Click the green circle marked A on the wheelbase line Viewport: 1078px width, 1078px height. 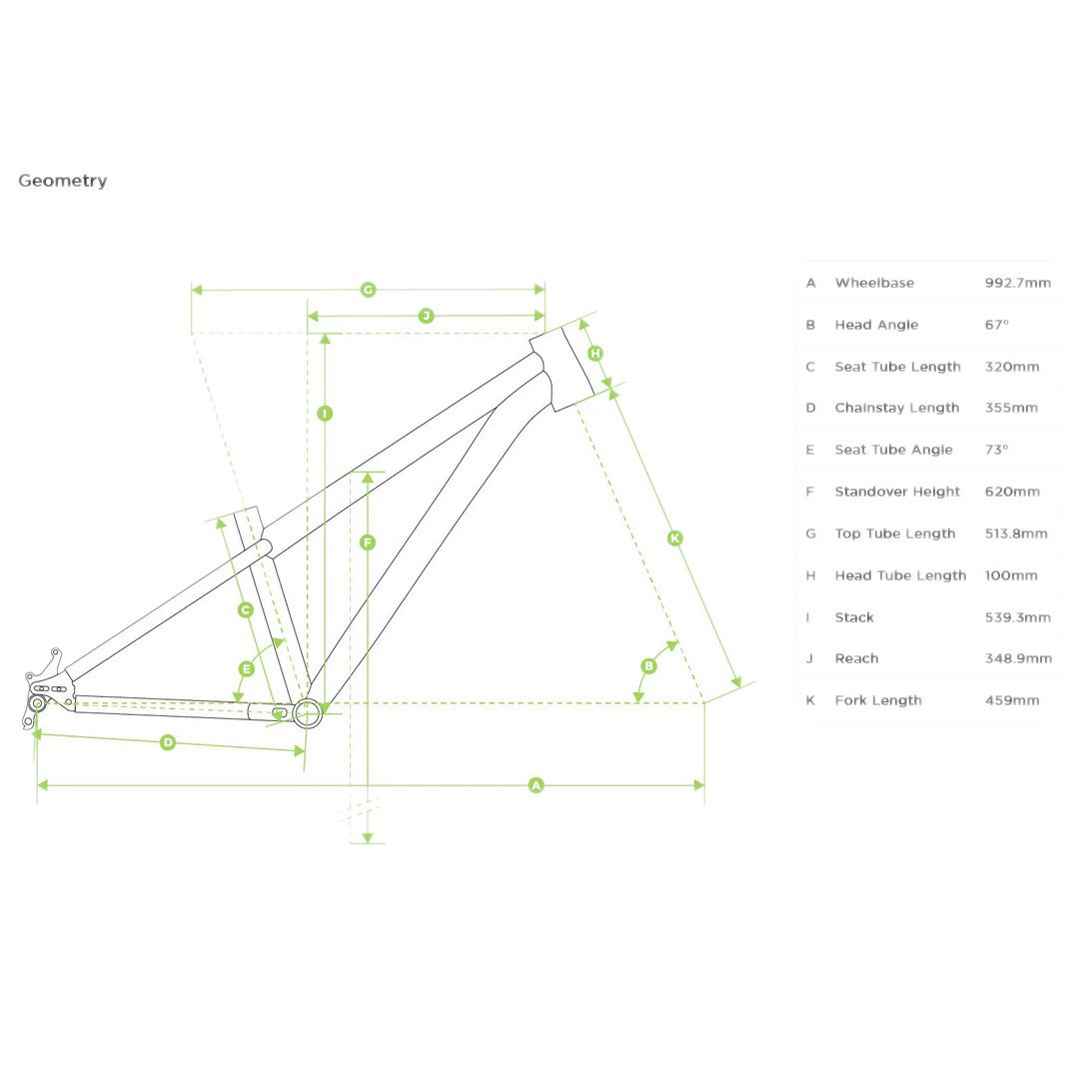point(536,785)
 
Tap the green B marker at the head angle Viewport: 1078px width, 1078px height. point(648,665)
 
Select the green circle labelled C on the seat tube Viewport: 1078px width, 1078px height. point(246,609)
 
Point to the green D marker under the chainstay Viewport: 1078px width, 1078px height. point(168,742)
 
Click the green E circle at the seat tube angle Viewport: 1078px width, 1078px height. point(247,668)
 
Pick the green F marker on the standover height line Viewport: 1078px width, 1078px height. point(368,542)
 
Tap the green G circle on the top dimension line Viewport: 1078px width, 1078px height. point(368,290)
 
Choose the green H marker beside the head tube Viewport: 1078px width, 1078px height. point(595,354)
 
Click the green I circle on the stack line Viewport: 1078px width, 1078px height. point(324,413)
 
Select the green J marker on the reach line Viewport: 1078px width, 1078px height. point(426,316)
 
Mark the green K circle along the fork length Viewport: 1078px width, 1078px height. point(674,539)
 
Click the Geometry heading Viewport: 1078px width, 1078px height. point(62,181)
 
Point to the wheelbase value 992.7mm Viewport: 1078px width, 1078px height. point(1017,283)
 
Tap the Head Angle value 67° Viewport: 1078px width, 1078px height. point(996,325)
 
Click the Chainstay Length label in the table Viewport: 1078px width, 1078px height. point(896,408)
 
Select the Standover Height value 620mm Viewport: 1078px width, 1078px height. point(1011,492)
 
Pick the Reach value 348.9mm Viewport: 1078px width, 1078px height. point(1017,658)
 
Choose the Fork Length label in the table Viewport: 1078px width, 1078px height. point(877,700)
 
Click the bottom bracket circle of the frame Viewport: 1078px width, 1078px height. point(307,711)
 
